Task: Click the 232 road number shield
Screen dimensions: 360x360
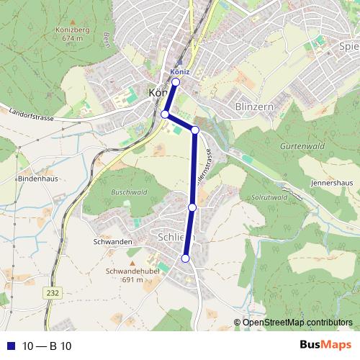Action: tap(52, 293)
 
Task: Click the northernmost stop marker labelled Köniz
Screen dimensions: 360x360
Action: tap(176, 82)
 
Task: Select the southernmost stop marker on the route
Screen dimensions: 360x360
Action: tap(185, 258)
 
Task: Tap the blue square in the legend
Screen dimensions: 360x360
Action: tap(10, 346)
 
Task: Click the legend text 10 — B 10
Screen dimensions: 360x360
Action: tap(47, 346)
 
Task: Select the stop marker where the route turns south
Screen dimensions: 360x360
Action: tap(194, 130)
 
